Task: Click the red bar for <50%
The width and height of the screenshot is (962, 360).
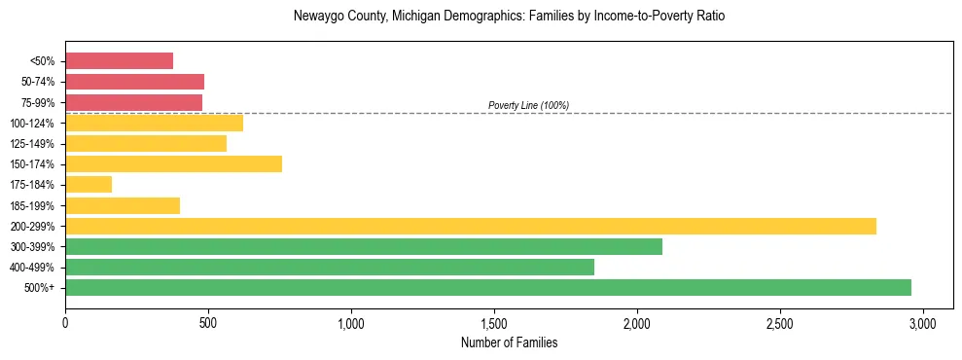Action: (119, 61)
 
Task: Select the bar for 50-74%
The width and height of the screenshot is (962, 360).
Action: (134, 82)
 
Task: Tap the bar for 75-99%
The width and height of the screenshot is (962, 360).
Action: (133, 102)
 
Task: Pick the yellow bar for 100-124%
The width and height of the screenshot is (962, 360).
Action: (154, 123)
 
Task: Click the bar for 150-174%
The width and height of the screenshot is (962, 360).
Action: (173, 163)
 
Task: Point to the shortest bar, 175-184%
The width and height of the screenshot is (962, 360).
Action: (89, 184)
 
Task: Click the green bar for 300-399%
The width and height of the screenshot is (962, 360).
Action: (364, 246)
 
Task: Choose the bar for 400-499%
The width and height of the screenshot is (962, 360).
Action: (330, 267)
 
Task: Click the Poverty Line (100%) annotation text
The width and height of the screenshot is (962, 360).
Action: (528, 105)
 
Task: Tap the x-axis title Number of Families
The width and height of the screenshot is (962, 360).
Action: (509, 342)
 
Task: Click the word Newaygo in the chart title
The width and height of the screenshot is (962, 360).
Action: (316, 17)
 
